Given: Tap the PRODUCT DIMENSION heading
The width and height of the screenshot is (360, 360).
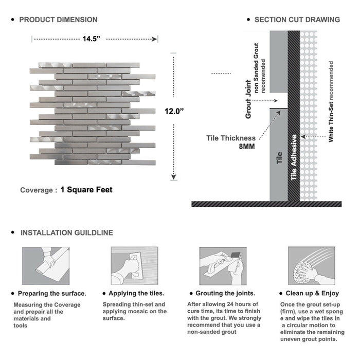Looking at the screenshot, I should coord(58,20).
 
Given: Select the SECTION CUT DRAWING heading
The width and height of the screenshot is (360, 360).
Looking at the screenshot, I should coord(297,20).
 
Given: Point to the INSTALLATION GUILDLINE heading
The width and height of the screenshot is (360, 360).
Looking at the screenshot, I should coord(66,232).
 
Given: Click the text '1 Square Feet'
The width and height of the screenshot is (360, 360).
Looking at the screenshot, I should coord(86,190).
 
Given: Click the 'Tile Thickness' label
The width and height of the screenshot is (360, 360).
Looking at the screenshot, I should coord(231,138).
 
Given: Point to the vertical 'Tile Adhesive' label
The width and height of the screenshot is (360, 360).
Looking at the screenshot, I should coord(294,157).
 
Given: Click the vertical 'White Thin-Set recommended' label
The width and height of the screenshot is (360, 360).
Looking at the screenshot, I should coord(331,102).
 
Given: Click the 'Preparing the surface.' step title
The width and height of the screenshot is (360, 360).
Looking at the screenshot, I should coord(52,293).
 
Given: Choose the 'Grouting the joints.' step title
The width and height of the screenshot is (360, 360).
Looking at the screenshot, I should coord(225,293).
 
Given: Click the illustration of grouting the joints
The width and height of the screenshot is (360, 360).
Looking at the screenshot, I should coord(221,266).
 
